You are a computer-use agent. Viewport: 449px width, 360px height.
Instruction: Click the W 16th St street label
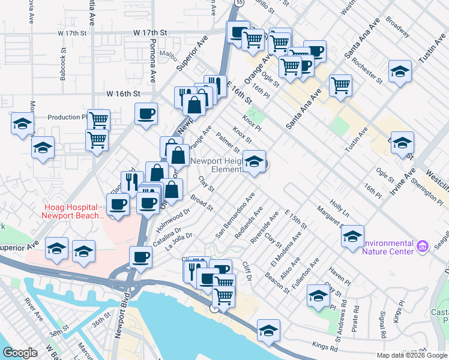[x=123, y=94]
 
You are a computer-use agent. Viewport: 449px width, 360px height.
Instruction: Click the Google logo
[x=20, y=353]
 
